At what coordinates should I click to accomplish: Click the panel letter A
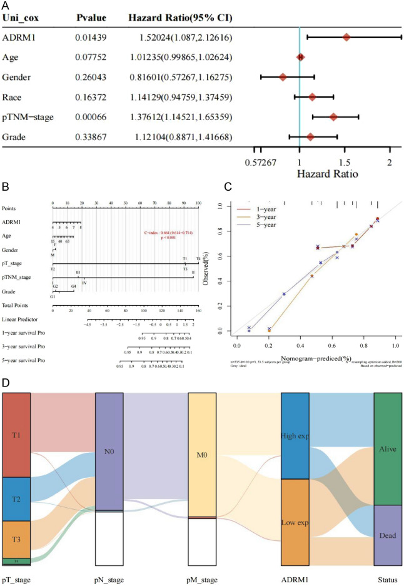6,6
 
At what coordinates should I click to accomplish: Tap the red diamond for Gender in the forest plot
283,78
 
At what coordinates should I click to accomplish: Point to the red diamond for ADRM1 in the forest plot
346,38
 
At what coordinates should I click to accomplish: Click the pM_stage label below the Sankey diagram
203,579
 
